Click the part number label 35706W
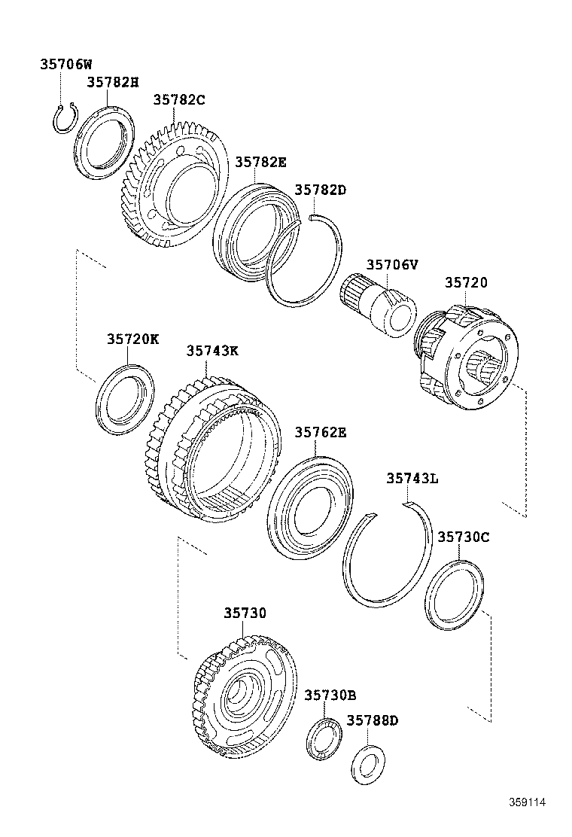tap(65, 65)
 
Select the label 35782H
tap(112, 82)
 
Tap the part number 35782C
tap(179, 100)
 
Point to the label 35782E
tap(260, 162)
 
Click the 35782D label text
tap(320, 190)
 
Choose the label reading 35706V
tap(392, 264)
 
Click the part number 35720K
tap(132, 339)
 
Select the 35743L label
tap(412, 478)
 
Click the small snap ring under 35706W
tap(65, 120)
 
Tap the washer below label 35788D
tap(367, 763)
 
